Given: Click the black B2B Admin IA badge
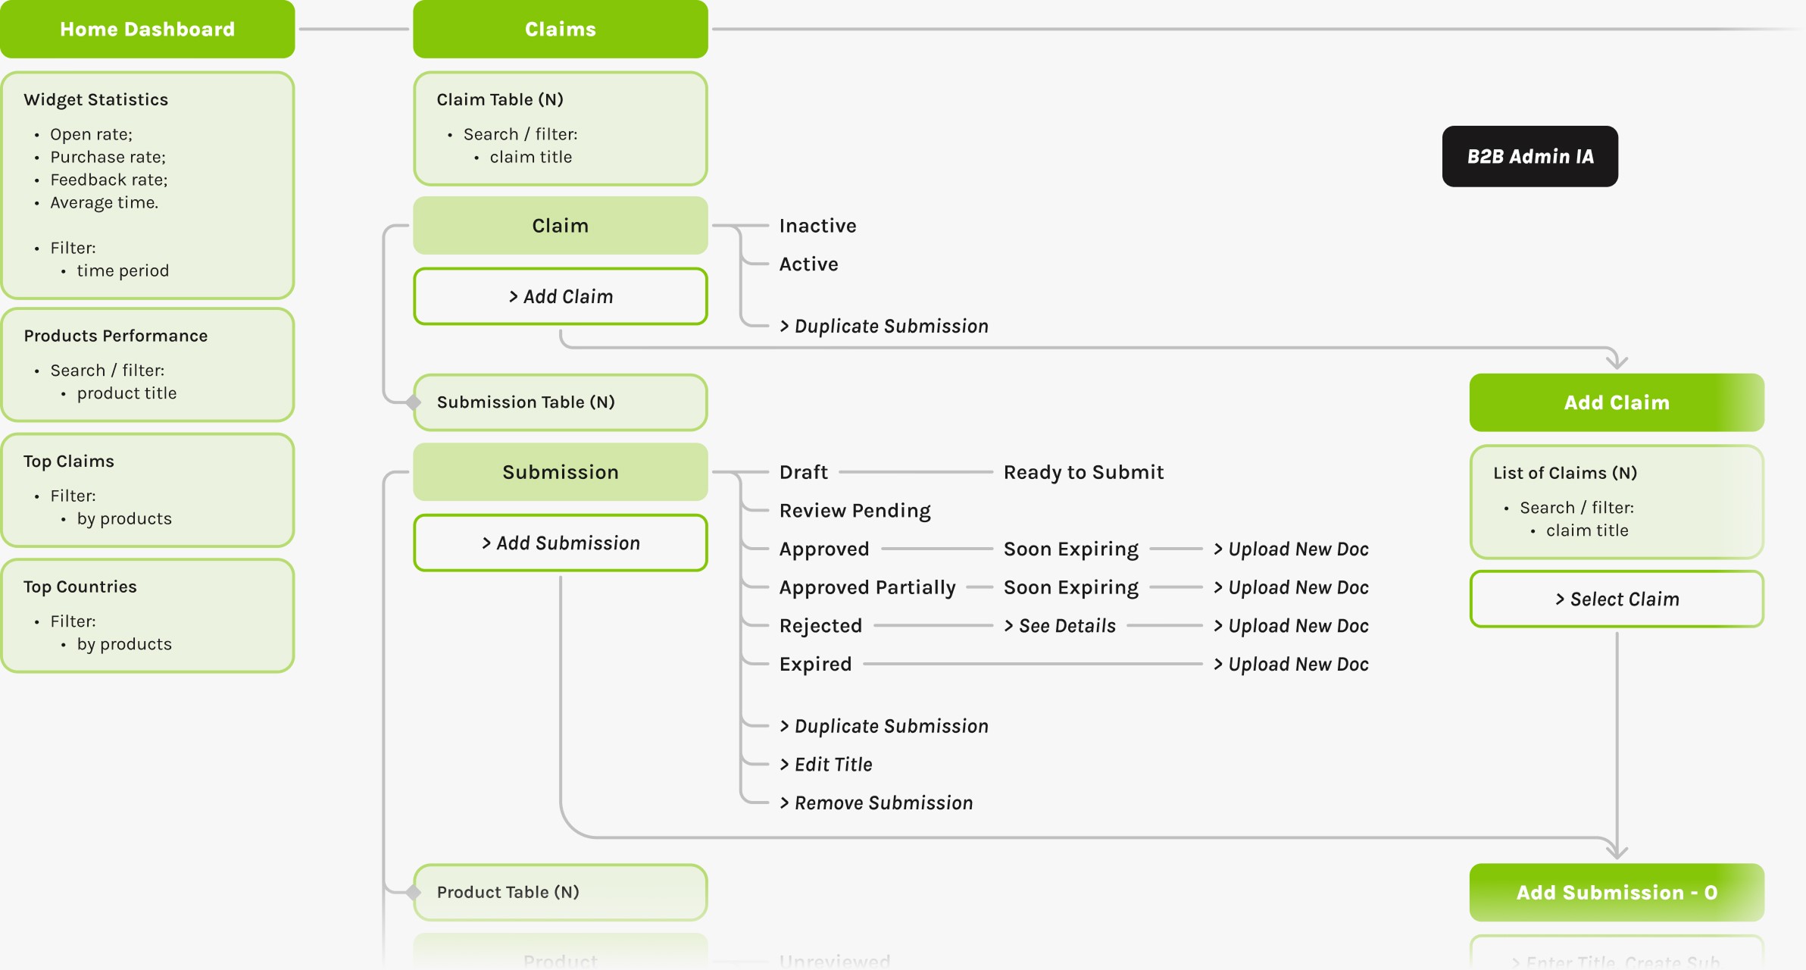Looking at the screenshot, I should click(x=1529, y=156).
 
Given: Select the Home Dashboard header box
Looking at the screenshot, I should click(x=147, y=29).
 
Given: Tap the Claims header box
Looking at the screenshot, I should click(x=560, y=29).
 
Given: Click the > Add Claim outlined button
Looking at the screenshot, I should click(x=560, y=296).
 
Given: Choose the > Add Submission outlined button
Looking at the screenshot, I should click(x=560, y=543).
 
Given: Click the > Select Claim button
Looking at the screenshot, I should click(x=1616, y=599).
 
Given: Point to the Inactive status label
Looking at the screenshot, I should click(x=817, y=226).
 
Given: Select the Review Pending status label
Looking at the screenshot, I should click(x=855, y=511).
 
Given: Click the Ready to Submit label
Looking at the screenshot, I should click(x=1083, y=472).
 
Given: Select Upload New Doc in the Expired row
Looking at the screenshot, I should click(x=1291, y=665).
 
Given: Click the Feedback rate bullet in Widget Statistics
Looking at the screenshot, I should click(x=108, y=180).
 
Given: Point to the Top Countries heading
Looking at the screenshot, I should click(x=80, y=587).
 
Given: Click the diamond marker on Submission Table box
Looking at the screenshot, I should click(x=414, y=402).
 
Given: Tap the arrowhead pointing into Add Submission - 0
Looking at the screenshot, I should click(x=1617, y=852).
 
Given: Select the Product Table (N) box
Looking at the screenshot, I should click(x=560, y=892).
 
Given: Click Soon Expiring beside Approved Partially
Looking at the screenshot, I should click(x=1070, y=587).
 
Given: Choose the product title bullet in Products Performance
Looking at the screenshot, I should click(x=126, y=393).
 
